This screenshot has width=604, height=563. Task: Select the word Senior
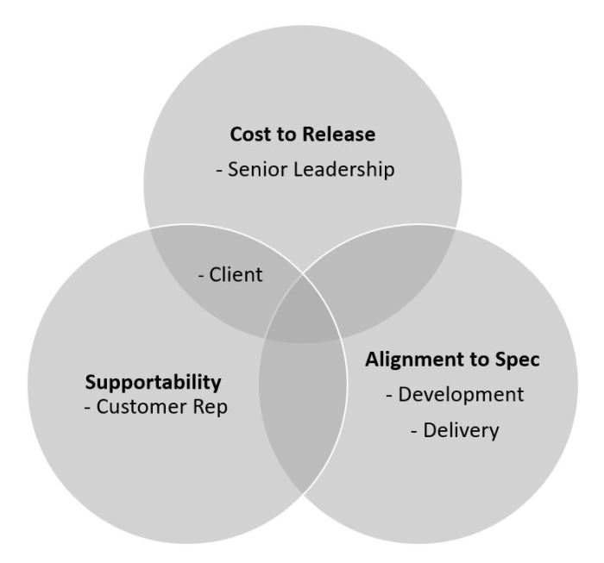[x=256, y=170]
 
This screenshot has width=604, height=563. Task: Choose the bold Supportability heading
[x=153, y=380]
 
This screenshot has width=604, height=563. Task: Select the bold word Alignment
[x=409, y=360]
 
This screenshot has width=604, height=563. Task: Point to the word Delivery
[x=461, y=429]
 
